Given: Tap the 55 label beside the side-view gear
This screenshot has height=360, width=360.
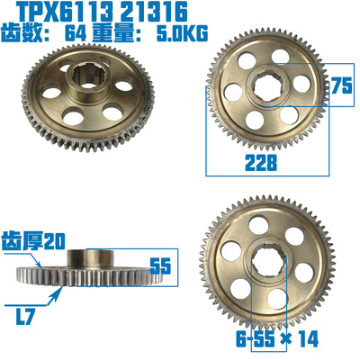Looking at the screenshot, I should tap(160, 265).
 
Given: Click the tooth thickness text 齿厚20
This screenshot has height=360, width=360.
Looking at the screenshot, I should tap(37, 240).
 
